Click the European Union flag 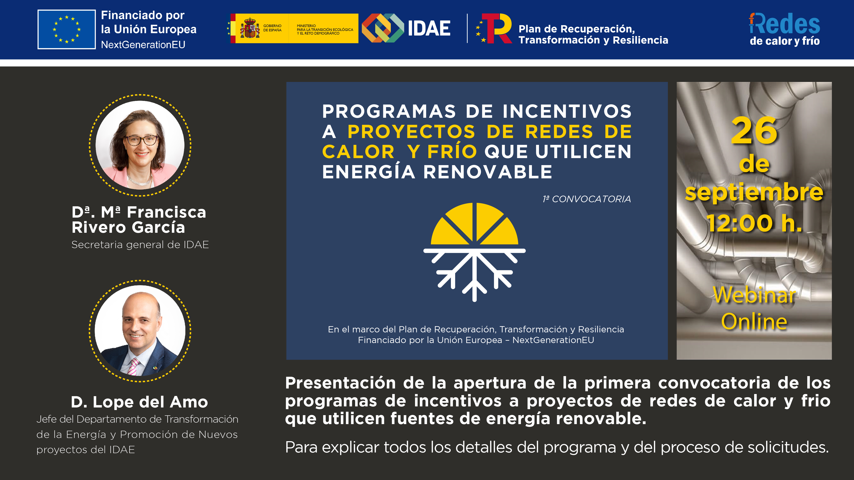tap(66, 29)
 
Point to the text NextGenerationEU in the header tap(143, 44)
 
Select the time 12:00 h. tap(754, 223)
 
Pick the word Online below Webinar tap(754, 321)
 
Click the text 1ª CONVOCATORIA tap(586, 199)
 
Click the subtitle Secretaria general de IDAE tap(140, 245)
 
